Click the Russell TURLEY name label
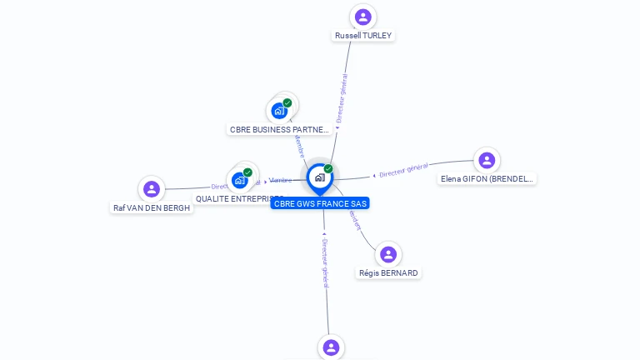point(362,36)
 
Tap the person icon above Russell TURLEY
point(362,17)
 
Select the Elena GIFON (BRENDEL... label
point(487,178)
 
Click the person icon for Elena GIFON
point(487,160)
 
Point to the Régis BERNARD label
point(388,272)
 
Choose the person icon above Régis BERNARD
point(388,254)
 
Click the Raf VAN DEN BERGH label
point(152,207)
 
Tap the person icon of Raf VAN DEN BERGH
point(152,189)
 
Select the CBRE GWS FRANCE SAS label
point(320,203)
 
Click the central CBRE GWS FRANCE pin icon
point(319,177)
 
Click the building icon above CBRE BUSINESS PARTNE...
point(279,111)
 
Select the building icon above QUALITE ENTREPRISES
point(239,180)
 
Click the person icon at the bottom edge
point(331,347)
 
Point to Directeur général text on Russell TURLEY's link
point(342,98)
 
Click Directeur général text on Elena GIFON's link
point(403,171)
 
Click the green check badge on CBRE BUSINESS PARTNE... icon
point(287,103)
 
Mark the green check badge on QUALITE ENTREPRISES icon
point(247,172)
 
